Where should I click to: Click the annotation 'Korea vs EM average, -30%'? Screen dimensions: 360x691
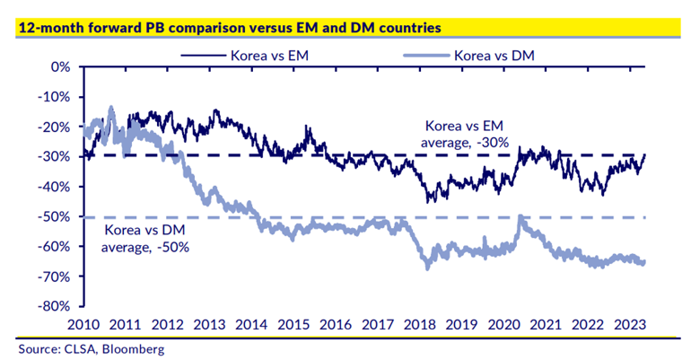click(466, 133)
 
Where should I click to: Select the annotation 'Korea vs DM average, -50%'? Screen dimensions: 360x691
click(142, 238)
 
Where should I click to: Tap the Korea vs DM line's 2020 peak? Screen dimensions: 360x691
click(520, 216)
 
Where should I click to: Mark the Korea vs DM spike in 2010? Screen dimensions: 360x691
click(111, 108)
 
